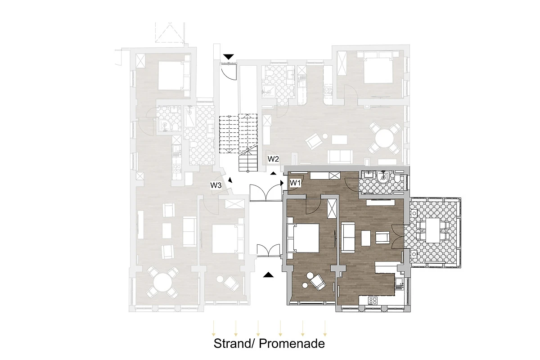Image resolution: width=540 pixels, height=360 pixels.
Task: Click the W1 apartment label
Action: (x=295, y=183)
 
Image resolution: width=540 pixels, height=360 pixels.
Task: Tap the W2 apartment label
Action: (x=273, y=159)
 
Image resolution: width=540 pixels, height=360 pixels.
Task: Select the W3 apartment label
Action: (x=216, y=185)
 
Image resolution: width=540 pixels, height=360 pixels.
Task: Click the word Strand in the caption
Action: (x=232, y=344)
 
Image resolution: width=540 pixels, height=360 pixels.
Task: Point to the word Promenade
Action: (x=292, y=344)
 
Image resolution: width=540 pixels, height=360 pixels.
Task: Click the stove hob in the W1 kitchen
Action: (x=373, y=301)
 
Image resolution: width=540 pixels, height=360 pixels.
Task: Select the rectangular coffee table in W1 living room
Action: (x=366, y=238)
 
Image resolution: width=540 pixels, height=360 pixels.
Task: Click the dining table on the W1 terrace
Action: (x=433, y=231)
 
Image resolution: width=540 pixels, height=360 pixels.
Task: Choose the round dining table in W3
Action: (x=163, y=282)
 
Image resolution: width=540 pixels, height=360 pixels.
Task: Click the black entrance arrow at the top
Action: (x=229, y=57)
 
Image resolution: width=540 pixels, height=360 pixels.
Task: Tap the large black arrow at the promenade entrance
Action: (x=268, y=274)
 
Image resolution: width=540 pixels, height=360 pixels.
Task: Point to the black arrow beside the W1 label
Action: (x=282, y=183)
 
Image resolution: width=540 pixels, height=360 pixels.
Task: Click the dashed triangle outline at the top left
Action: (x=170, y=32)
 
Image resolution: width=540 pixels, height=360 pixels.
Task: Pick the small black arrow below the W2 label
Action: (x=273, y=173)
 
